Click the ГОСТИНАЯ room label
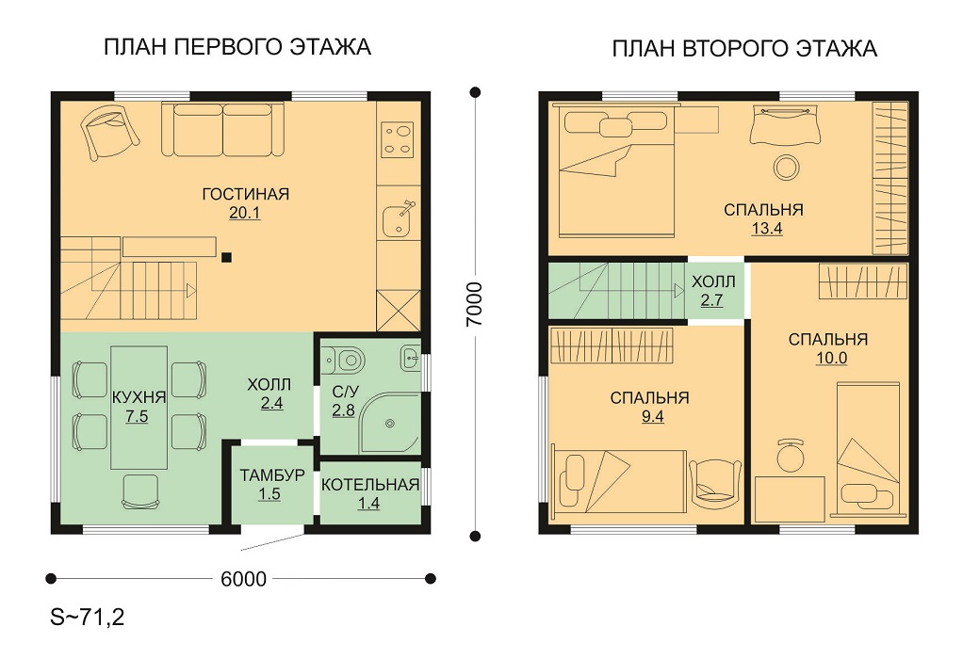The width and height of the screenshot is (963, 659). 246,194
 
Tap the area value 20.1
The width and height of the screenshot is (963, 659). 244,213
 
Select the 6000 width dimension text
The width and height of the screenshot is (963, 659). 243,579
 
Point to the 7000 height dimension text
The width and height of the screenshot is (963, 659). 474,304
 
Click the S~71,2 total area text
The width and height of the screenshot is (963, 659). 88,617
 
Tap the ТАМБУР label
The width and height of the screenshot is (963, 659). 272,474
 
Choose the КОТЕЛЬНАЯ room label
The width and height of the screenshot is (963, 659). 370,485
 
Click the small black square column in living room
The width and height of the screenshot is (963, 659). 227,258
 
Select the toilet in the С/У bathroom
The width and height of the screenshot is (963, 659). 344,359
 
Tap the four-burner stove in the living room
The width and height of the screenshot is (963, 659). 398,139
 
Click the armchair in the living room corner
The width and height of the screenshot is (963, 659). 108,131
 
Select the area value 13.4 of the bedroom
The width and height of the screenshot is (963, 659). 766,229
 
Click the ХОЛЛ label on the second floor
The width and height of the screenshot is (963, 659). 713,282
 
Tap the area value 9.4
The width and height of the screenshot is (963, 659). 652,417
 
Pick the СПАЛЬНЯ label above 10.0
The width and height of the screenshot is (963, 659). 828,339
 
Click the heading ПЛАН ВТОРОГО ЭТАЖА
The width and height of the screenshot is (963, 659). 744,48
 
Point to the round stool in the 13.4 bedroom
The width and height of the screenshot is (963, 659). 786,167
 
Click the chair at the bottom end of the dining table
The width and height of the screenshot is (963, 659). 140,491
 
